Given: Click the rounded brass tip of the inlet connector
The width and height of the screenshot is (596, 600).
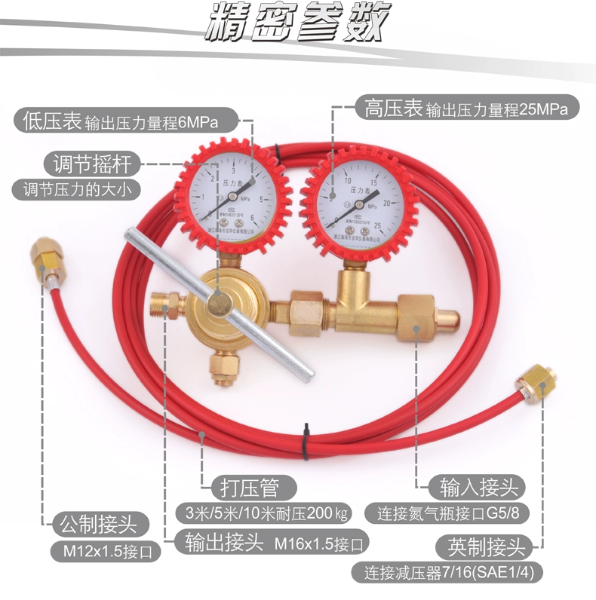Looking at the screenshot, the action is [x=449, y=317].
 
